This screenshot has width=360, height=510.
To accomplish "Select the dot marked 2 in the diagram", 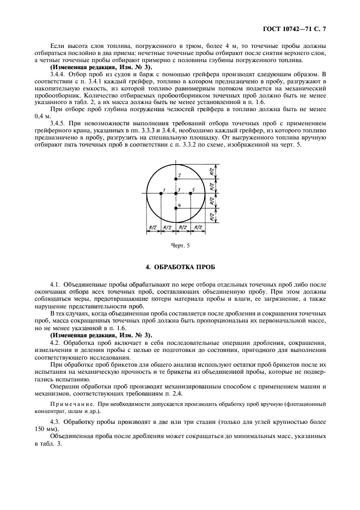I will click(x=176, y=178).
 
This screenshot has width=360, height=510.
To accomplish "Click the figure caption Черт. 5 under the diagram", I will click(x=180, y=246).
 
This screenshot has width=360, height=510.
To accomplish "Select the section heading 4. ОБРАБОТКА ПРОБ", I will click(x=180, y=269).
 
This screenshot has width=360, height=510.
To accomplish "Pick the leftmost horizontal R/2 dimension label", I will click(x=154, y=227).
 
